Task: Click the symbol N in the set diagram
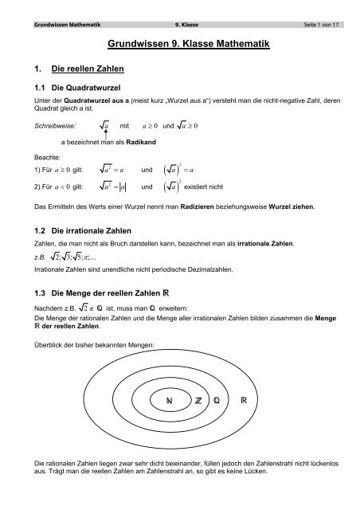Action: click(x=168, y=398)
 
